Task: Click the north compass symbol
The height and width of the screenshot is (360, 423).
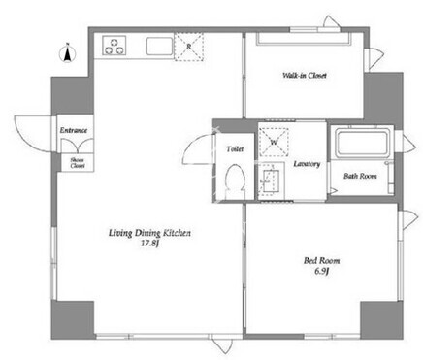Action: pos(68,53)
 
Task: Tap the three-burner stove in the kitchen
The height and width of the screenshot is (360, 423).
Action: pos(114,46)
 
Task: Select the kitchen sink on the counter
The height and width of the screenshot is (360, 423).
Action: pos(160,47)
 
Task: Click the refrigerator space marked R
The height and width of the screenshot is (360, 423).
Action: pos(189,47)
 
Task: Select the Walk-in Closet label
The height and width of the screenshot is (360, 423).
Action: pos(305,76)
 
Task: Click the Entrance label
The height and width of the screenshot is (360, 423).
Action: pos(74,130)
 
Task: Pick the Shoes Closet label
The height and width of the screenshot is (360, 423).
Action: pos(78,162)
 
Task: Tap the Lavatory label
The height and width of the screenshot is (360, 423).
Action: pos(307,164)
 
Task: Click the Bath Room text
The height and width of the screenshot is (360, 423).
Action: pos(360,176)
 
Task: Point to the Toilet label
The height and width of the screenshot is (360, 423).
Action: pos(235,149)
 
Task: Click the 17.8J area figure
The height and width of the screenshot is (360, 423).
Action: pos(149,244)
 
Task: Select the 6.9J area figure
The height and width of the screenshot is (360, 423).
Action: pos(321,271)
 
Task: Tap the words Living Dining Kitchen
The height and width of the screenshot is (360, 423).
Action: pos(149,233)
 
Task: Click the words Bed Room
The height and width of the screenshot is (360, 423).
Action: pos(321,260)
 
